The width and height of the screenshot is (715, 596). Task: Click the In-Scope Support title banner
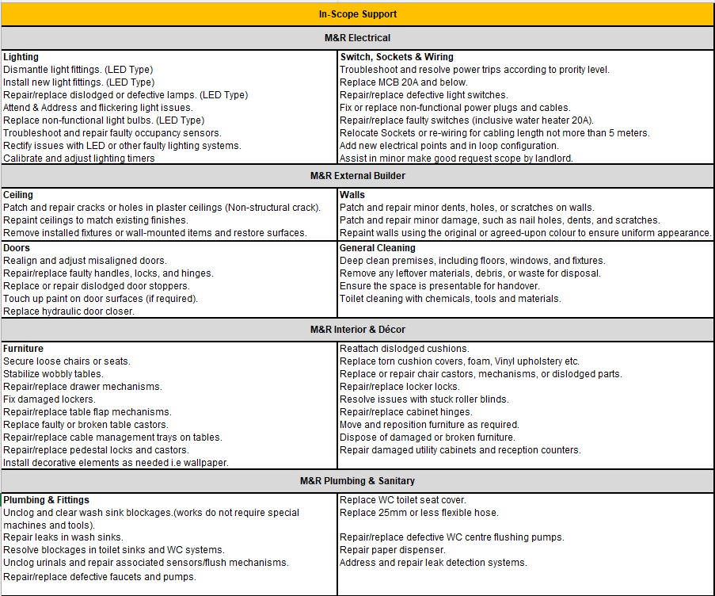pyautogui.click(x=357, y=14)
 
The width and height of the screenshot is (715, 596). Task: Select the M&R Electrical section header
pyautogui.click(x=357, y=38)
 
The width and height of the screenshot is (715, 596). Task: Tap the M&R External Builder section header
pyautogui.click(x=357, y=176)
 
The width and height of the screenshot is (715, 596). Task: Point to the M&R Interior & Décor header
pyautogui.click(x=357, y=329)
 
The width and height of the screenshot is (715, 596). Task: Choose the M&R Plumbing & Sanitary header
pyautogui.click(x=357, y=481)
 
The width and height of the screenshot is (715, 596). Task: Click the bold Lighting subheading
pyautogui.click(x=21, y=57)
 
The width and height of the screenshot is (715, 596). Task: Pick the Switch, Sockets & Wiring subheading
pyautogui.click(x=396, y=57)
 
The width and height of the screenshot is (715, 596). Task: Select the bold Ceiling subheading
pyautogui.click(x=18, y=195)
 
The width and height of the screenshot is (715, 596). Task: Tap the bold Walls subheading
pyautogui.click(x=352, y=195)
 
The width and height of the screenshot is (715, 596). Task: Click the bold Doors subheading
pyautogui.click(x=17, y=248)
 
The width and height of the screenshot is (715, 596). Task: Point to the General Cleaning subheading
pyautogui.click(x=377, y=248)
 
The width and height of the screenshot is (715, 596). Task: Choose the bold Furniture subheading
pyautogui.click(x=23, y=349)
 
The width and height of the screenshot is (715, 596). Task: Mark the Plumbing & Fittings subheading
pyautogui.click(x=46, y=500)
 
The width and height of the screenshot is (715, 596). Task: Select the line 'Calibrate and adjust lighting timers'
pyautogui.click(x=79, y=159)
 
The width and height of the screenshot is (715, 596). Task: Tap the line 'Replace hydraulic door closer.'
pyautogui.click(x=69, y=311)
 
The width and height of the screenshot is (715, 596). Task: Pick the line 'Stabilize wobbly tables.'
pyautogui.click(x=53, y=374)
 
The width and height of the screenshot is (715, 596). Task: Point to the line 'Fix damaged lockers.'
pyautogui.click(x=49, y=399)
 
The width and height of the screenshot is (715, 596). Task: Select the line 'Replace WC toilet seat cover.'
pyautogui.click(x=402, y=500)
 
